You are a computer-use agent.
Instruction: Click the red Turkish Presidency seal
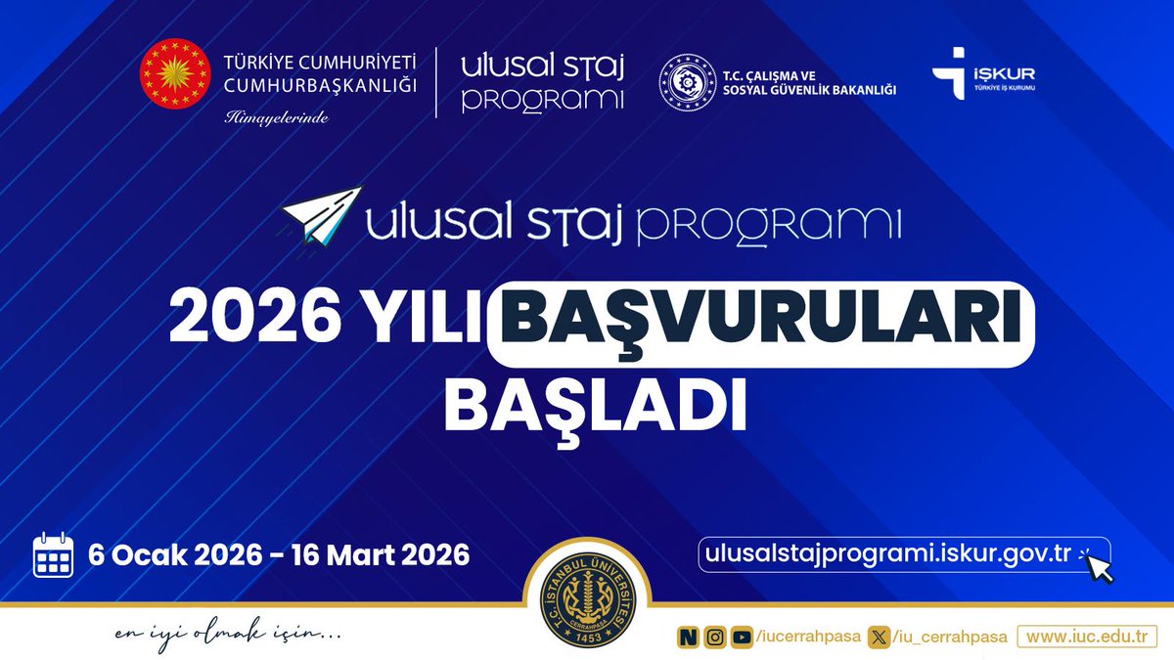pyautogui.click(x=175, y=75)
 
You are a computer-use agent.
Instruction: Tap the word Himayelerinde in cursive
pyautogui.click(x=276, y=117)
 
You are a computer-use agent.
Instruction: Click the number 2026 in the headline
pyautogui.click(x=244, y=321)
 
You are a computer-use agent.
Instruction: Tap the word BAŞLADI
pyautogui.click(x=596, y=402)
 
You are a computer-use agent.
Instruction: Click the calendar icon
pyautogui.click(x=54, y=555)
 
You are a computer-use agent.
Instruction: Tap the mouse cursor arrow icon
pyautogui.click(x=1099, y=566)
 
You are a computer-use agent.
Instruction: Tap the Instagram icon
pyautogui.click(x=716, y=637)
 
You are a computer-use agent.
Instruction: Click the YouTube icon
pyautogui.click(x=743, y=637)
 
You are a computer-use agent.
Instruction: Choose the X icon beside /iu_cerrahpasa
pyautogui.click(x=882, y=637)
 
